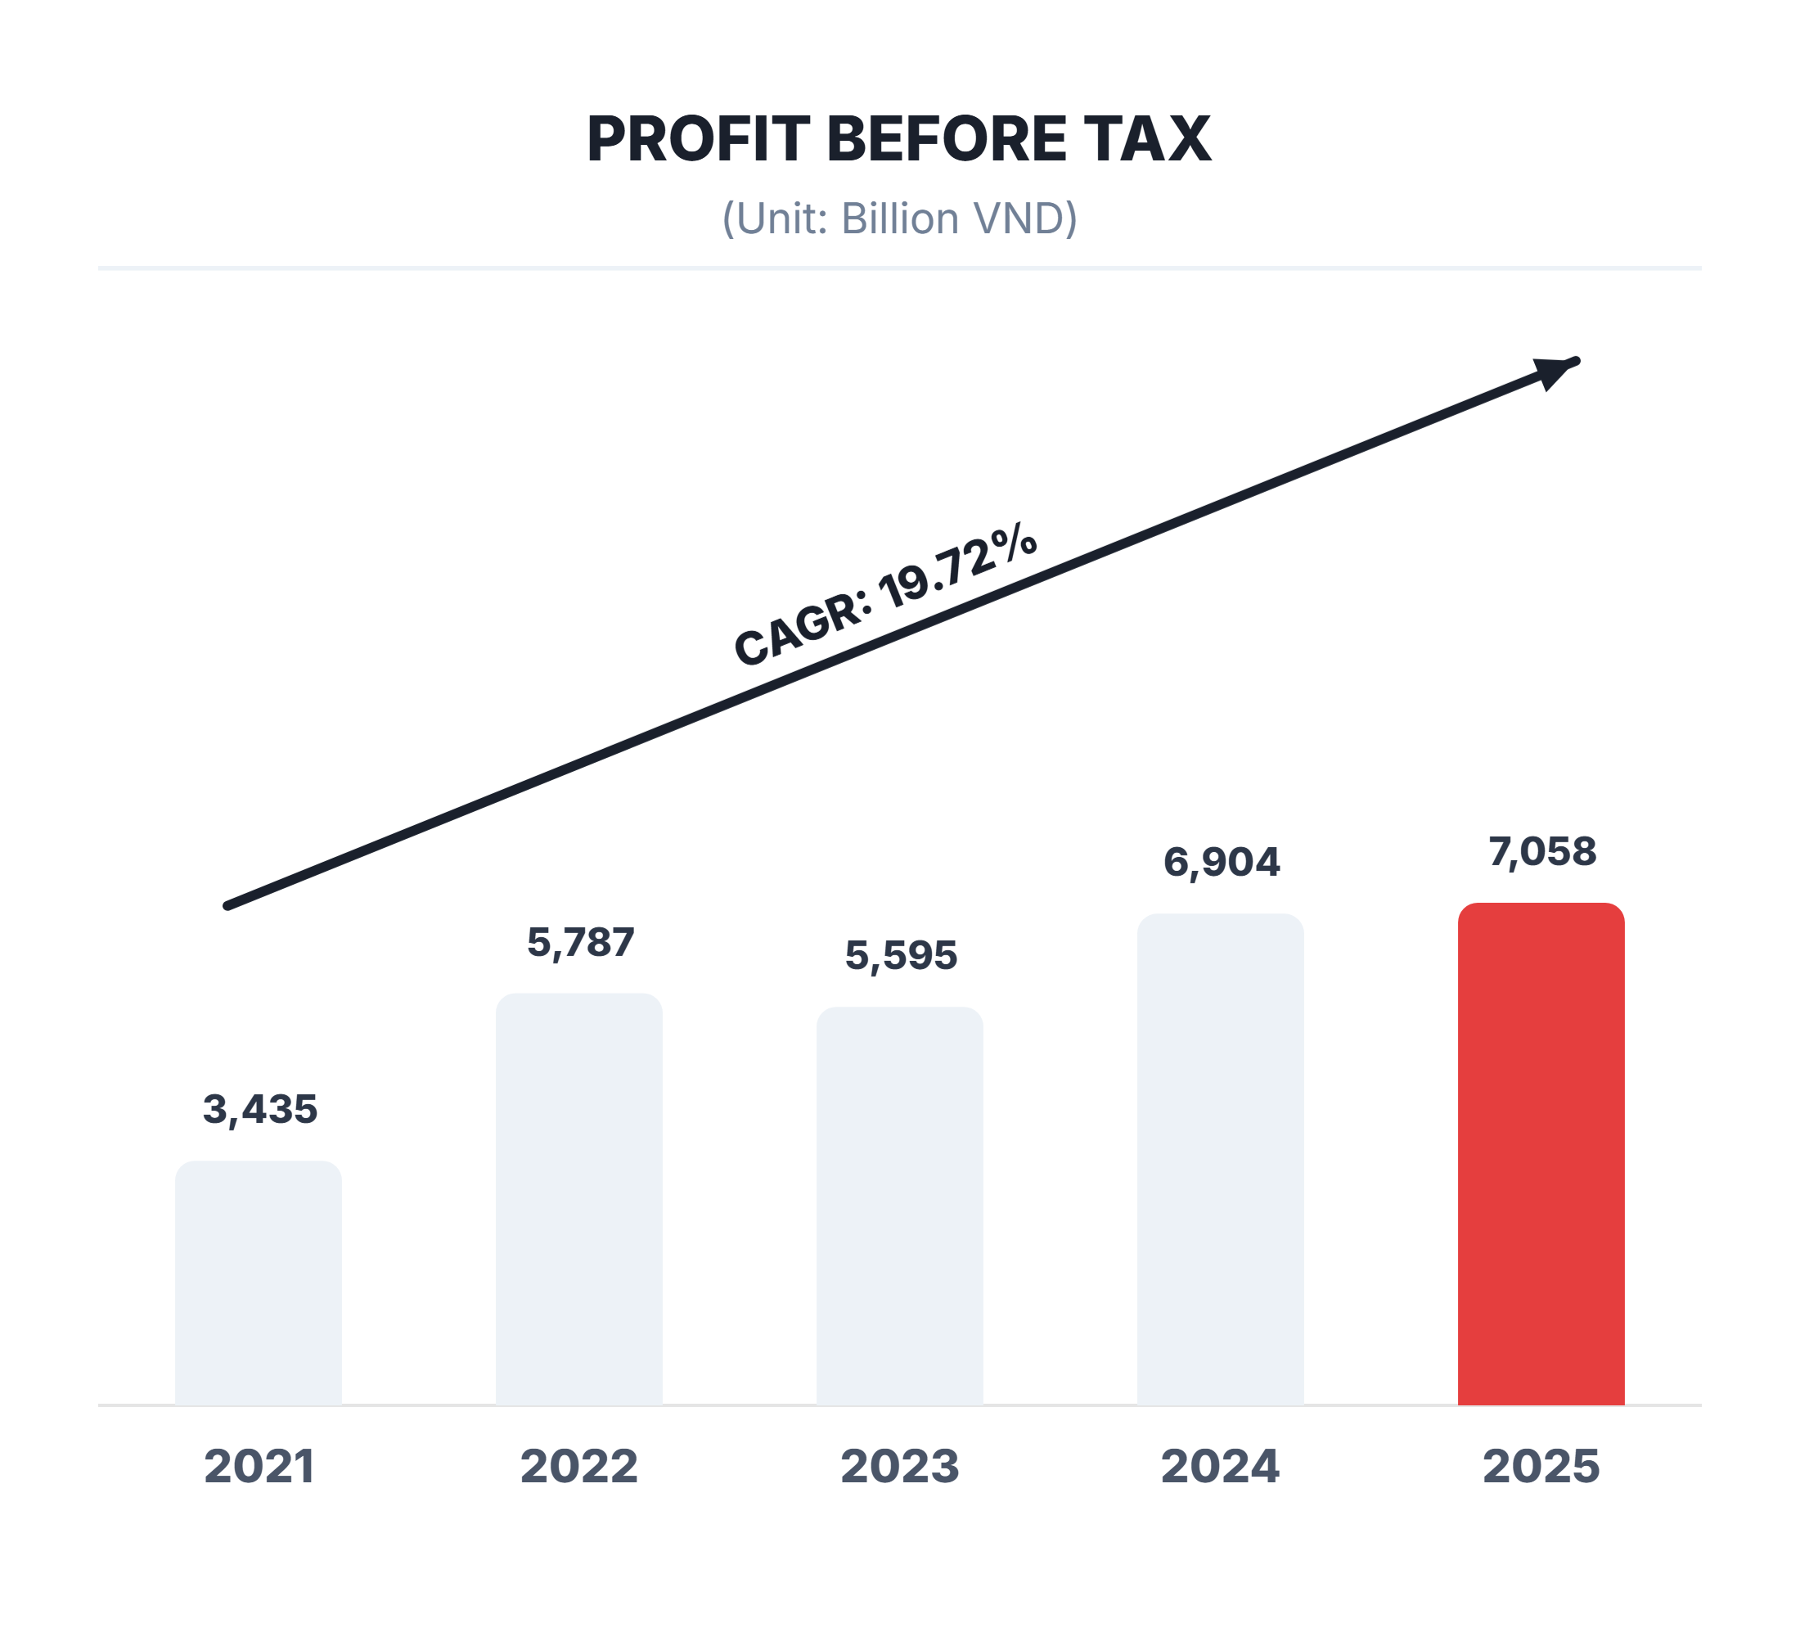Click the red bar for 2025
[1541, 1154]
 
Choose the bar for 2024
[1221, 1159]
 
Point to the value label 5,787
[580, 943]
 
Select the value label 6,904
[1222, 863]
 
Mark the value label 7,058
[1542, 852]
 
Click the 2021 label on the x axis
[259, 1467]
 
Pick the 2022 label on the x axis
[579, 1467]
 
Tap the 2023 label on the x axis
[900, 1467]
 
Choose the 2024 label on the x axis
[1221, 1467]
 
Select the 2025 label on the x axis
[1541, 1467]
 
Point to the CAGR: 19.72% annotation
[884, 596]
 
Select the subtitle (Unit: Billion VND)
[899, 219]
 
